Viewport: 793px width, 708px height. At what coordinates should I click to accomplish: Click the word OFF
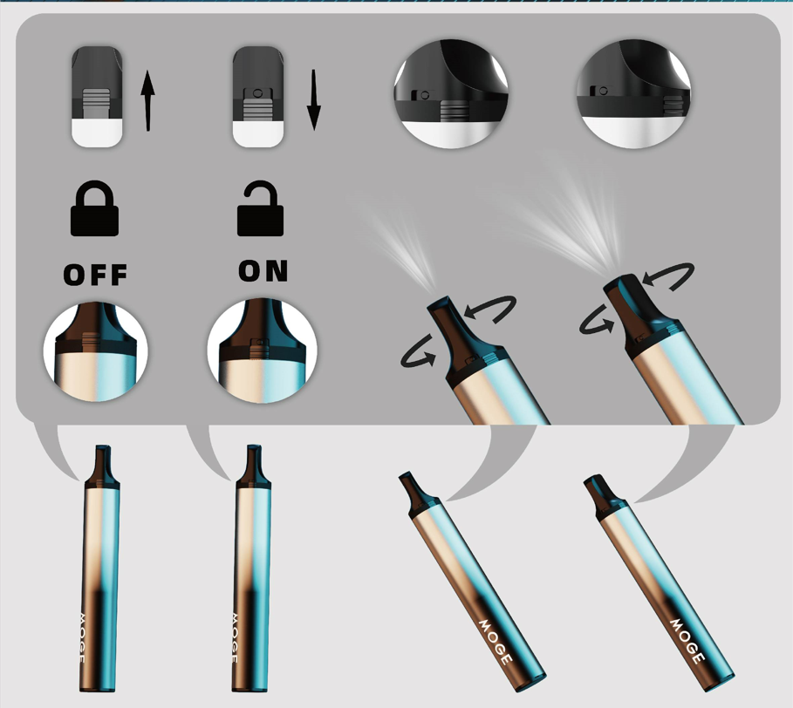[96, 275]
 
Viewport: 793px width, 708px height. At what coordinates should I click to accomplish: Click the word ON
[263, 271]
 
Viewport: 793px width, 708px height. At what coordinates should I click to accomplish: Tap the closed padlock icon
[94, 208]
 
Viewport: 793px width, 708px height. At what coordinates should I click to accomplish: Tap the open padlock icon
[261, 208]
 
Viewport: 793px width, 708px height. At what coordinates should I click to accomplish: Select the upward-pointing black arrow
[147, 100]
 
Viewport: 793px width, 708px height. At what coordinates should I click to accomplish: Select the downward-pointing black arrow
[313, 100]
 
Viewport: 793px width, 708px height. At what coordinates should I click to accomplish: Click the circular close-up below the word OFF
[95, 351]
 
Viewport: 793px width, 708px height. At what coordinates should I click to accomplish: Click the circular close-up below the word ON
[262, 351]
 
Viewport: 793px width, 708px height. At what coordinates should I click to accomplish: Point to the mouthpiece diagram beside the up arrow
[97, 97]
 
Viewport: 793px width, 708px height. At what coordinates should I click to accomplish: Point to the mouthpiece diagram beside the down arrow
[258, 97]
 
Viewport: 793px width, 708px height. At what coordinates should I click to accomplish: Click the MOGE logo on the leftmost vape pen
[82, 637]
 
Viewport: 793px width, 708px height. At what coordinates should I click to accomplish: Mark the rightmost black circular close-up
[633, 94]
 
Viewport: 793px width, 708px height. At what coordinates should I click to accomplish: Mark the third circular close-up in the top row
[451, 94]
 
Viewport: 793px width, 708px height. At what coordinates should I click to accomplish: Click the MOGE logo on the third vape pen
[496, 642]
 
